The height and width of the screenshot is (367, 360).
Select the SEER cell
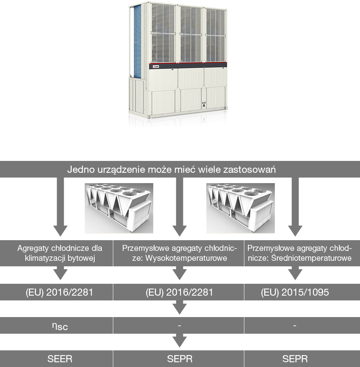pyautogui.click(x=60, y=359)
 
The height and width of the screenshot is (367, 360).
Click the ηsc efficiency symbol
pyautogui.click(x=60, y=326)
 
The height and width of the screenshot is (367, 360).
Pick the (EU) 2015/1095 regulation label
pyautogui.click(x=295, y=292)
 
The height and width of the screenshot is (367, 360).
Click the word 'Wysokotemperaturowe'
pyautogui.click(x=186, y=258)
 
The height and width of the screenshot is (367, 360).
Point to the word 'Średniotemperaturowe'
pyautogui.click(x=311, y=258)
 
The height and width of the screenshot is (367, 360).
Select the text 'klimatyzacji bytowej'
pyautogui.click(x=60, y=258)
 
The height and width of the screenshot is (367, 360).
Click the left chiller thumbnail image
pyautogui.click(x=119, y=208)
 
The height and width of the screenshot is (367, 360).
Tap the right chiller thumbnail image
pyautogui.click(x=240, y=208)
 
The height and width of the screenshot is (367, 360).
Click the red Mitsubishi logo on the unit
pyautogui.click(x=156, y=67)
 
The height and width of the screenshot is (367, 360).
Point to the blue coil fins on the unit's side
pyautogui.click(x=137, y=41)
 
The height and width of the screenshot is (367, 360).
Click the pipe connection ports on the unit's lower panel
pyautogui.click(x=204, y=104)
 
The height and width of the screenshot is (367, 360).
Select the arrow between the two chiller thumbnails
pyautogui.click(x=179, y=207)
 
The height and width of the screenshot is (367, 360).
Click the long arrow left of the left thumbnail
pyautogui.click(x=60, y=207)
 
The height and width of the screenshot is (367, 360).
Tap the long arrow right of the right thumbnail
pyautogui.click(x=295, y=207)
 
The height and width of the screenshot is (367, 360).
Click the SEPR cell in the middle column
pyautogui.click(x=180, y=359)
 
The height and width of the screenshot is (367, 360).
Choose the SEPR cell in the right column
pyautogui.click(x=295, y=359)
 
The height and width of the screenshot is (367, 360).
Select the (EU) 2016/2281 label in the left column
pyautogui.click(x=59, y=292)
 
